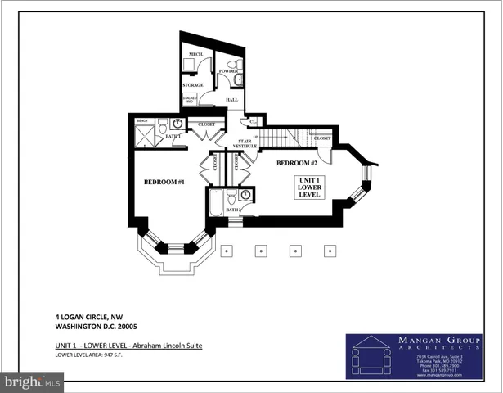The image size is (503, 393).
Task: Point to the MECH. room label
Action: (x=196, y=54)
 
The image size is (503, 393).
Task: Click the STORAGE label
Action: (x=193, y=85)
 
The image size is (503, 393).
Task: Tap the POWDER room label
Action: (x=229, y=71)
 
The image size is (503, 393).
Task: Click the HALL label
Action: (x=231, y=99)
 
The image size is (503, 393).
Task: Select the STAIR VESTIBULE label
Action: (x=246, y=143)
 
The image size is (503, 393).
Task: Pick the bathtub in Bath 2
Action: (x=216, y=202)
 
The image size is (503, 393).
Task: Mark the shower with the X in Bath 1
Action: (x=145, y=136)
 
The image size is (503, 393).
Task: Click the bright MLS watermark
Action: (x=32, y=382)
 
